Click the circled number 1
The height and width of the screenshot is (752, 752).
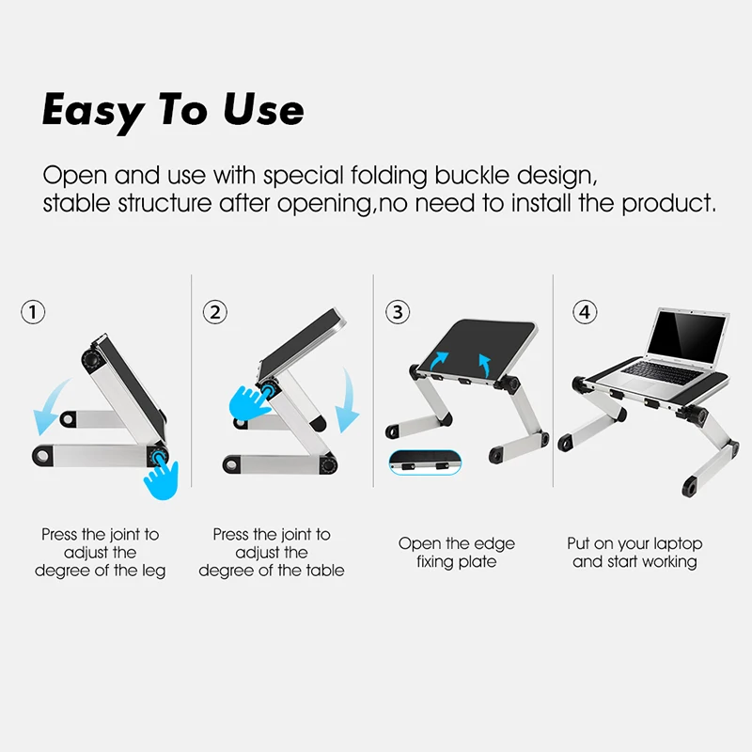coord(33,312)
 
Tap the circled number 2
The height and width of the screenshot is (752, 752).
coord(215,312)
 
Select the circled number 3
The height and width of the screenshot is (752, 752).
coord(398,312)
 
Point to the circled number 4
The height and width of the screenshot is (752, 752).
coord(585,312)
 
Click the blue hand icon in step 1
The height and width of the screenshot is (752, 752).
coord(162,478)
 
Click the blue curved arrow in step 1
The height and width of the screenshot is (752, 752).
coord(49,408)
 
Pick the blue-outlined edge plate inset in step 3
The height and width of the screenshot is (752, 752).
coord(425,462)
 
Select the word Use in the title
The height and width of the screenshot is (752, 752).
coord(263,110)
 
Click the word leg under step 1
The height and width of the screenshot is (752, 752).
coord(153,571)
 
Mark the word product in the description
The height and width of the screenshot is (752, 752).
coord(669,203)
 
